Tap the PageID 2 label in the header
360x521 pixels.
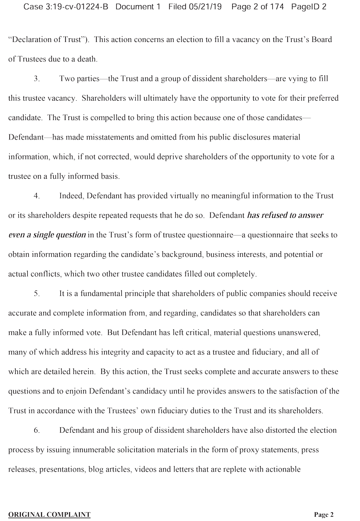click(309, 7)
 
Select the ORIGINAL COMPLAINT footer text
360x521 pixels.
click(49, 515)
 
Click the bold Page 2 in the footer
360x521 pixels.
click(324, 515)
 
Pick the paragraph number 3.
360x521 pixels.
click(36, 79)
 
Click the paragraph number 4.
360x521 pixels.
click(36, 196)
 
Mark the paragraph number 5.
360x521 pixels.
click(36, 294)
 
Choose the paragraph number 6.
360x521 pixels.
click(36, 430)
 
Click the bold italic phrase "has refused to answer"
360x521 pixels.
click(285, 215)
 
